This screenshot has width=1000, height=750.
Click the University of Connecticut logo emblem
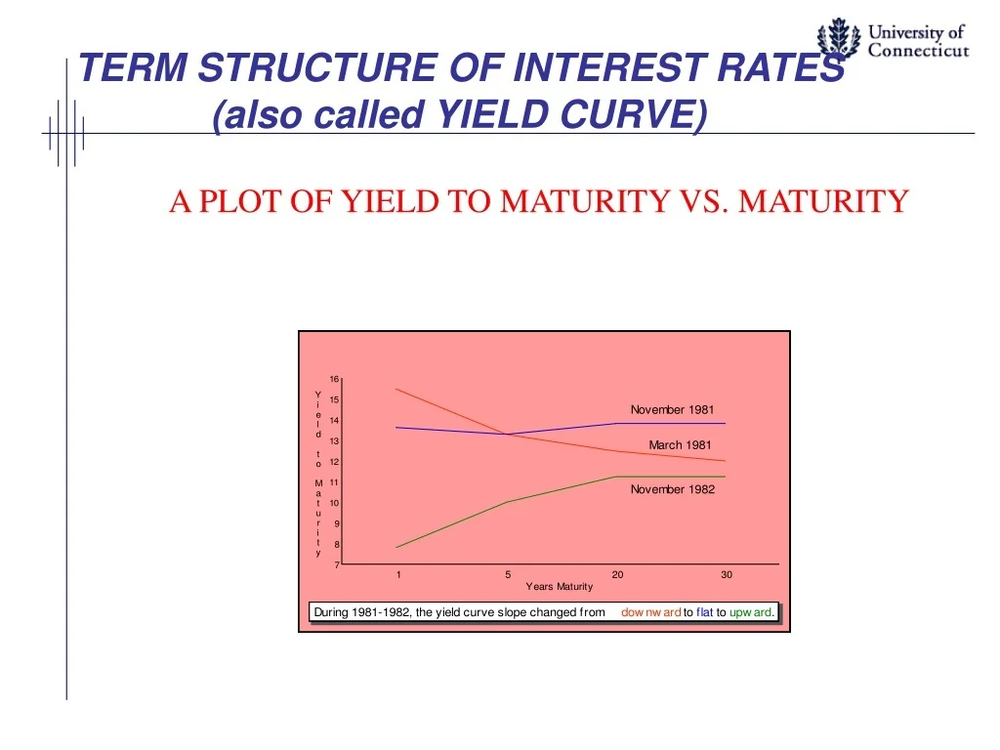click(839, 40)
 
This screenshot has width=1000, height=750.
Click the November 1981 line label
click(672, 410)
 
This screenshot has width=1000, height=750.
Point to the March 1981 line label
click(680, 445)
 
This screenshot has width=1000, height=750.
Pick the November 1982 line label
click(672, 489)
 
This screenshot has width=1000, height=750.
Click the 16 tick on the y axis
click(334, 379)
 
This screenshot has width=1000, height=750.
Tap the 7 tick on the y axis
click(337, 564)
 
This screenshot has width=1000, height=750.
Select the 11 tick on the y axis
click(334, 482)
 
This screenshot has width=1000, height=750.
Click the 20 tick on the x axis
click(617, 575)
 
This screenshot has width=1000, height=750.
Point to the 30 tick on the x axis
click(727, 575)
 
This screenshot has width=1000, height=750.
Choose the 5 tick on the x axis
click(508, 575)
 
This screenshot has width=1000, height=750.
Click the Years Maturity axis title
click(559, 587)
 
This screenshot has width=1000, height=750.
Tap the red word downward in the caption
click(650, 612)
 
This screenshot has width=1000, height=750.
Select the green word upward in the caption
click(752, 612)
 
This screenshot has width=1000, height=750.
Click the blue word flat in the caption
click(704, 612)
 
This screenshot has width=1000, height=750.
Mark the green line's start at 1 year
click(396, 547)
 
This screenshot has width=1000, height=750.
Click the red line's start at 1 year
click(396, 389)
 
